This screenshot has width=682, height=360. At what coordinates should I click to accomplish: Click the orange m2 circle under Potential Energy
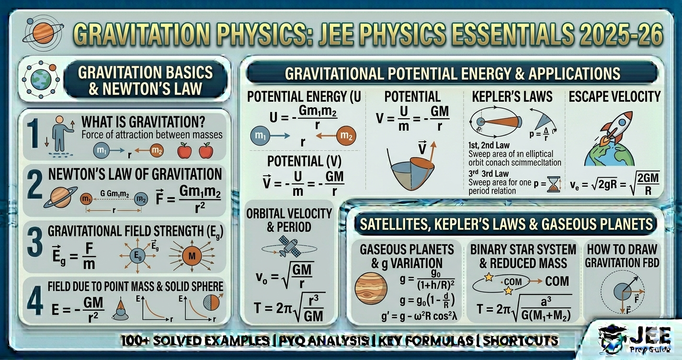point(346,136)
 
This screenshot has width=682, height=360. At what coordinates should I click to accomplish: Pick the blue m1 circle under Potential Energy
point(261,136)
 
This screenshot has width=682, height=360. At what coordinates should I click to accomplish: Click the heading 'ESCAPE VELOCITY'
point(614,96)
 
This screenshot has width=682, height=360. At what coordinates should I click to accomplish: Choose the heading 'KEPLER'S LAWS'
point(512,96)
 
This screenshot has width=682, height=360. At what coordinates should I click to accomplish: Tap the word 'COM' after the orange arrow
point(557,281)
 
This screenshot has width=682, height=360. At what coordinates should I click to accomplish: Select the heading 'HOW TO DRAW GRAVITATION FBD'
point(621,255)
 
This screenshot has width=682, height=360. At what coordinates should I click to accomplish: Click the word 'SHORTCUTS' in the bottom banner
point(521,341)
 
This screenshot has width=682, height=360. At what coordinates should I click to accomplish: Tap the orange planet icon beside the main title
point(42,32)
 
